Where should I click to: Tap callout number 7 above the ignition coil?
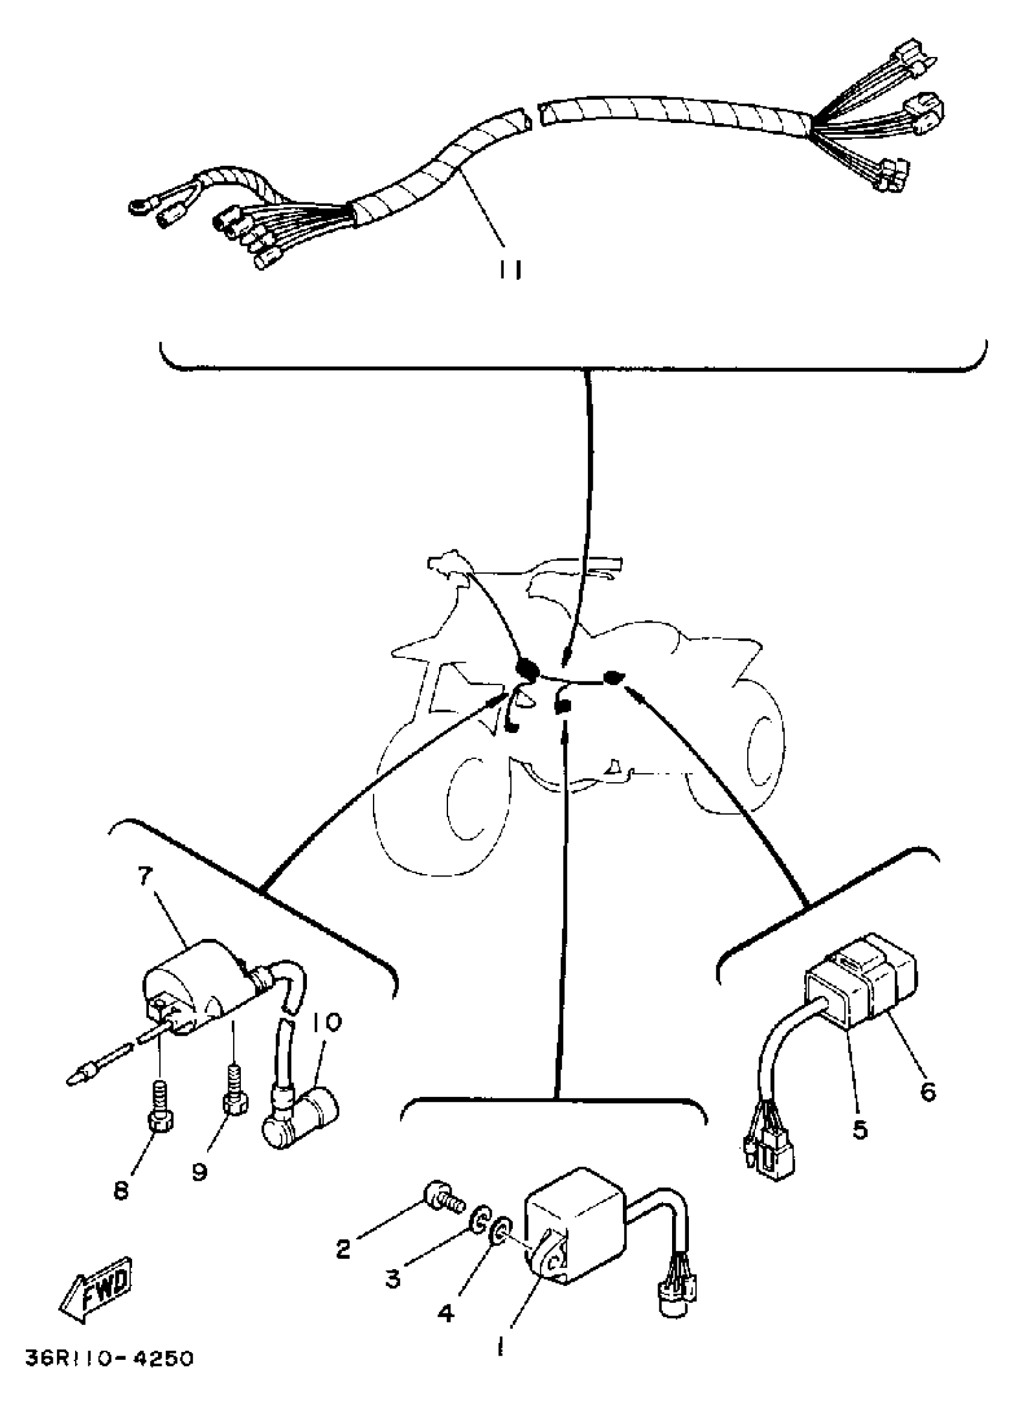[144, 876]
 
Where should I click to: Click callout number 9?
[199, 1173]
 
